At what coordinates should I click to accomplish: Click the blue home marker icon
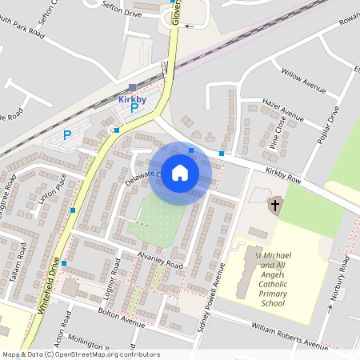(x=180, y=173)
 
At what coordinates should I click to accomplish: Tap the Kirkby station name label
(x=133, y=98)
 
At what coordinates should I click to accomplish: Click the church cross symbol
(x=274, y=206)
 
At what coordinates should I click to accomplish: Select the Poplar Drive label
(x=327, y=124)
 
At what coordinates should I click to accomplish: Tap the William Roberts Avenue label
(x=290, y=336)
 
